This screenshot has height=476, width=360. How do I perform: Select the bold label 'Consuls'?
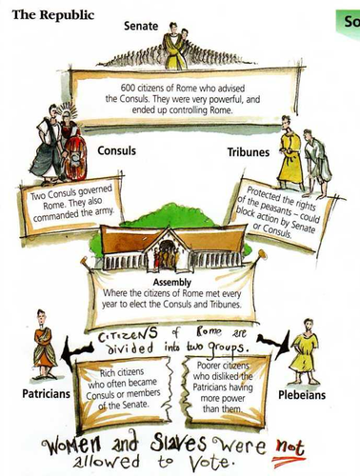click(118, 150)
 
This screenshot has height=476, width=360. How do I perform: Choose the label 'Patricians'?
click(40, 392)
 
